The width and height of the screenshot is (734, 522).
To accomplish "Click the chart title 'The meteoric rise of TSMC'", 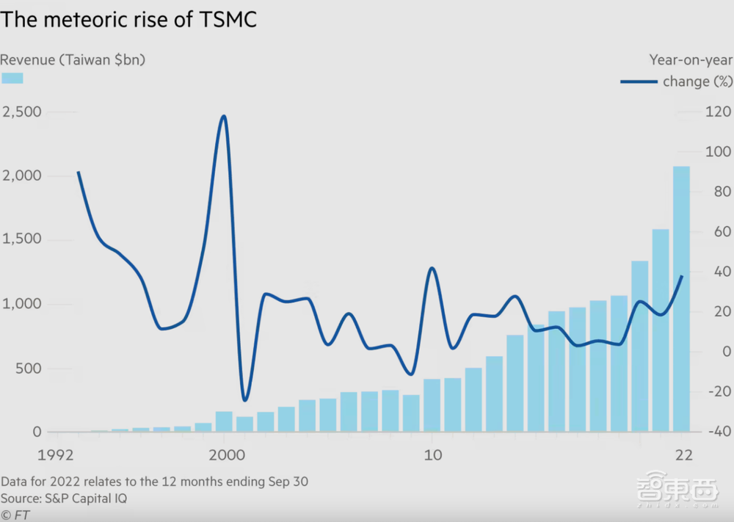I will click(x=129, y=20).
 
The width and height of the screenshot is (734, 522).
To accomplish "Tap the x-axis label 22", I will click(x=683, y=454).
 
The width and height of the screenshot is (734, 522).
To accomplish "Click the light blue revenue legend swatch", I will click(x=12, y=78).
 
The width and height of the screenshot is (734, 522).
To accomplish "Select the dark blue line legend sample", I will click(x=638, y=81).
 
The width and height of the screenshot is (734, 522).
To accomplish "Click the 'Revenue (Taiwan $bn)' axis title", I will click(x=73, y=60).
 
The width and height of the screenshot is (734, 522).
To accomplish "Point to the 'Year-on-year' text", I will click(x=690, y=60).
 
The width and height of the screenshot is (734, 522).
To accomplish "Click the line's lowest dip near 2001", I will click(x=244, y=400).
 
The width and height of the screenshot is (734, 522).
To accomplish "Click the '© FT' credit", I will click(x=15, y=515).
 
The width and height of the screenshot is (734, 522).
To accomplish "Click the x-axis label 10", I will click(x=433, y=454).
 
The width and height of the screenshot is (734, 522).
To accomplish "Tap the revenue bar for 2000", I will click(x=224, y=422).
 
